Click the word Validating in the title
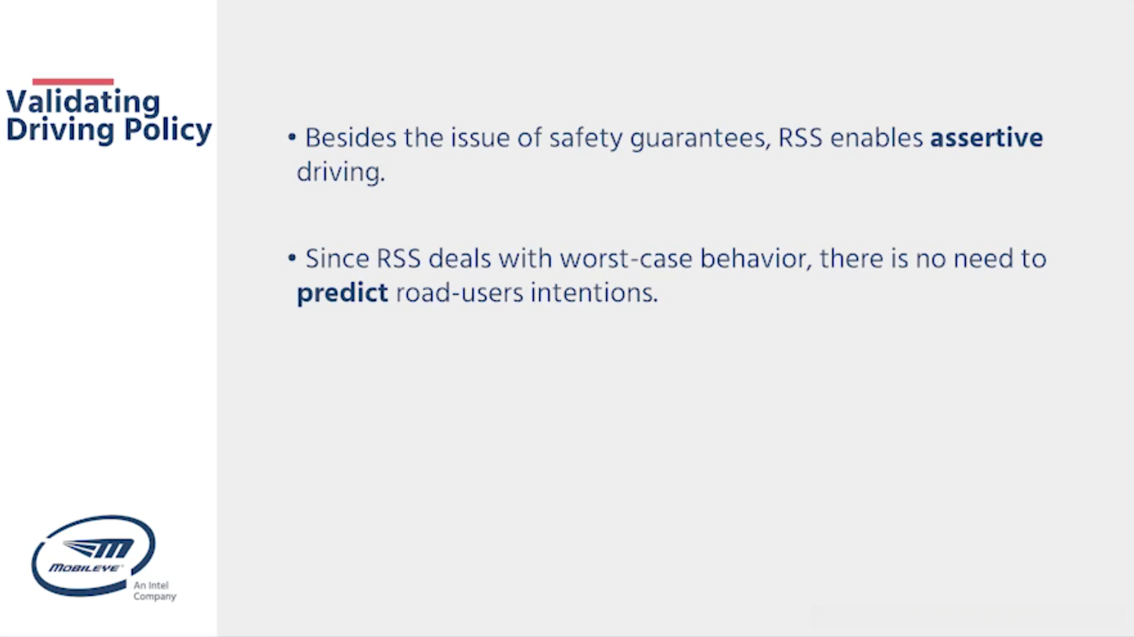tap(83, 101)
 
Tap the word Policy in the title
tap(167, 130)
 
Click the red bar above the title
tap(73, 81)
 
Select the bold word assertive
tap(987, 138)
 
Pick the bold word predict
tap(342, 293)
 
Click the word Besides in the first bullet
tap(351, 138)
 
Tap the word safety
tap(585, 139)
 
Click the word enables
tap(876, 138)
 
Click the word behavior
tap(756, 259)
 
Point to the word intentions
tap(594, 292)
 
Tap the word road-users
tap(459, 293)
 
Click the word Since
tap(337, 258)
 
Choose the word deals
tap(459, 258)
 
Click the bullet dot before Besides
tap(291, 136)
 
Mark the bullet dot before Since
tap(291, 258)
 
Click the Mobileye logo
tap(93, 556)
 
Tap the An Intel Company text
tap(154, 591)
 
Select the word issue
tap(480, 138)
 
